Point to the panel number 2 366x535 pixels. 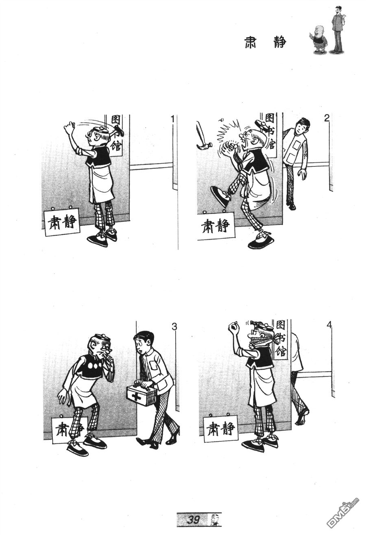(327, 118)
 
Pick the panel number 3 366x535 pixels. (174, 327)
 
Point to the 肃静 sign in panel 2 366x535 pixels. (216, 226)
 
